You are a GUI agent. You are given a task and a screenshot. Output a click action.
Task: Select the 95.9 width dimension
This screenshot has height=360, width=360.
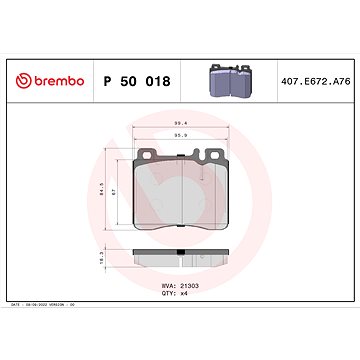click(x=181, y=133)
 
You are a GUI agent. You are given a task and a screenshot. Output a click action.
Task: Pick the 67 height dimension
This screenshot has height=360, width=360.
click(x=115, y=192)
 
